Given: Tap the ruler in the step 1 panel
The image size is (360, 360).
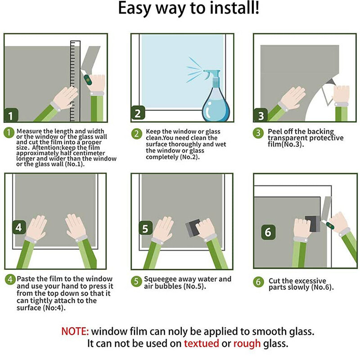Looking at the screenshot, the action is (x=75, y=81).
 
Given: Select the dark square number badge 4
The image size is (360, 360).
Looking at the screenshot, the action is (x=19, y=227).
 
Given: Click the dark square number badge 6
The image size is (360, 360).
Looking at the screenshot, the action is (x=268, y=232).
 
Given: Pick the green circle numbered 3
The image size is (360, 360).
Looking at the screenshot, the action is (x=258, y=133).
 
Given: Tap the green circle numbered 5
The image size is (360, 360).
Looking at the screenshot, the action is (x=136, y=281).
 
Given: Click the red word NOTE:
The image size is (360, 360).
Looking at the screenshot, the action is (x=75, y=331).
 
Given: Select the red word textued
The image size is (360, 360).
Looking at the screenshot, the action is (x=201, y=343).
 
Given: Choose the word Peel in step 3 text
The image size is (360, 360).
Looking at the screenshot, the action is (x=275, y=131).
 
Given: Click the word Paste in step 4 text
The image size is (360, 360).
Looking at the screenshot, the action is (x=26, y=279).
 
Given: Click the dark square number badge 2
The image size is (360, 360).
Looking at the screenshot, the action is (x=138, y=113).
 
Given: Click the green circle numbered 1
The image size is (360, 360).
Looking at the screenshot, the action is (x=9, y=133).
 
